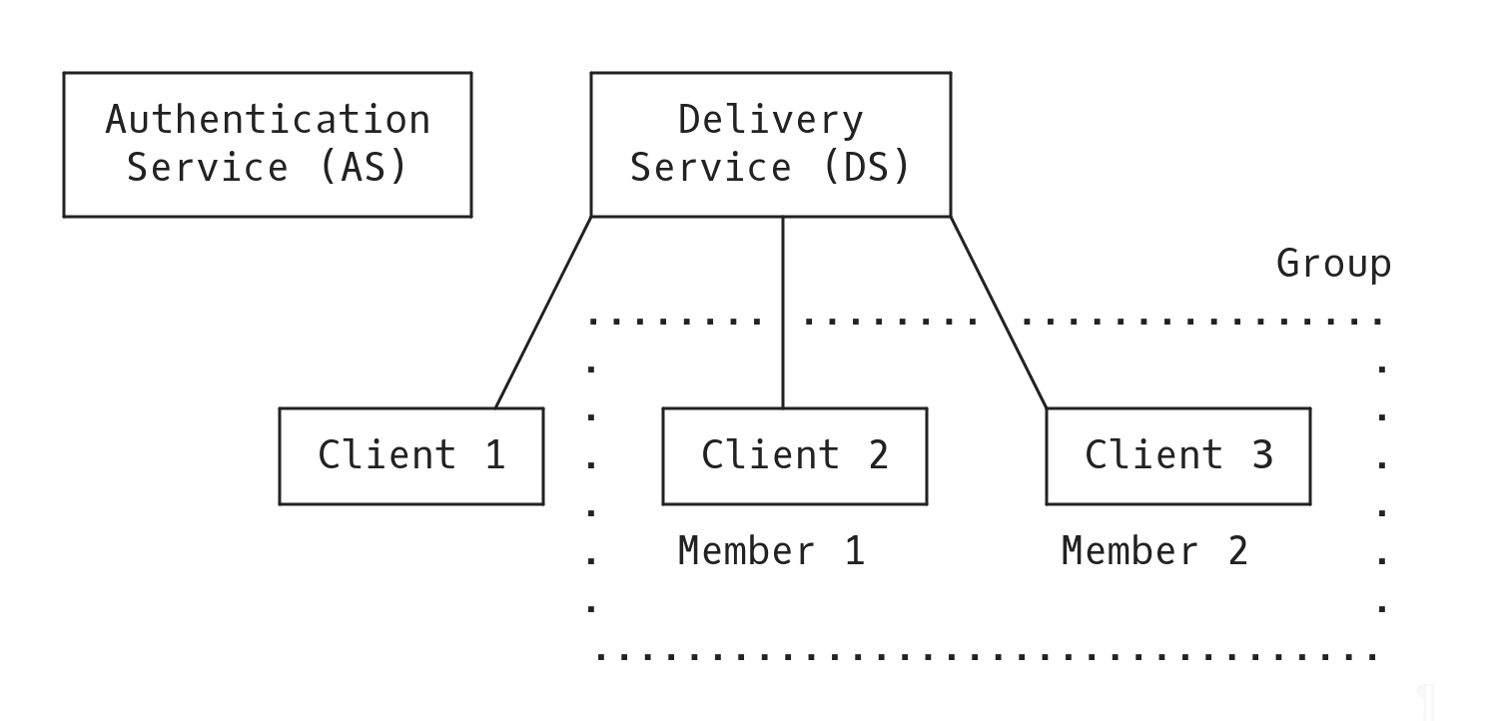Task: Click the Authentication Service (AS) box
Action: tap(267, 144)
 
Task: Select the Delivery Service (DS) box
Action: tap(770, 144)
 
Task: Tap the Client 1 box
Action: tap(410, 455)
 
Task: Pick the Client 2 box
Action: tap(794, 455)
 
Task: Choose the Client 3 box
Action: tap(1177, 455)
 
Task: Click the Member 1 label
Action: tap(771, 551)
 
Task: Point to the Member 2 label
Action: tap(1154, 551)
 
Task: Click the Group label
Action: tap(1333, 264)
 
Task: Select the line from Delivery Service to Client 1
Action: tap(543, 312)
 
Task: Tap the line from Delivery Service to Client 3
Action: tap(999, 312)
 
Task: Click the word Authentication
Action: tap(268, 120)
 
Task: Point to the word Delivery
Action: tap(770, 120)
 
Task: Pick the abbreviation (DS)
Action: tap(866, 167)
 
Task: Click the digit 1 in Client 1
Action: tap(494, 455)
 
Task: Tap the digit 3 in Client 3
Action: tap(1262, 455)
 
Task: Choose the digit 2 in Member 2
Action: tap(1238, 551)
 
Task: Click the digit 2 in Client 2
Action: tap(878, 455)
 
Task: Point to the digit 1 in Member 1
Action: tap(855, 551)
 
